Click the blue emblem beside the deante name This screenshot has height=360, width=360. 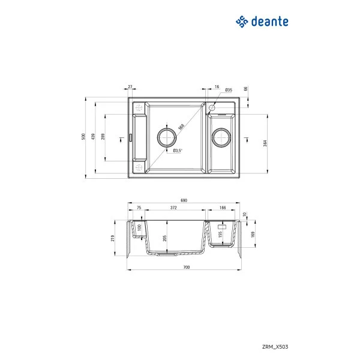(x=241, y=22)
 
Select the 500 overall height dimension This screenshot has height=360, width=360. (x=84, y=136)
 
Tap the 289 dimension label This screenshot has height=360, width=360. (x=103, y=137)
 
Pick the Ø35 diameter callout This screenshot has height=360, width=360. (x=229, y=91)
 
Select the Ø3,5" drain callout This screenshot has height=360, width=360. (x=178, y=151)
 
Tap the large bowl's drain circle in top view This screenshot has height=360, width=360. (x=168, y=137)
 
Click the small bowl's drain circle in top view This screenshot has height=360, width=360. (x=222, y=137)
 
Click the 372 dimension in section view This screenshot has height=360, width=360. (x=173, y=208)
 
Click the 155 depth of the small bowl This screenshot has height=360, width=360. (x=220, y=235)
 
